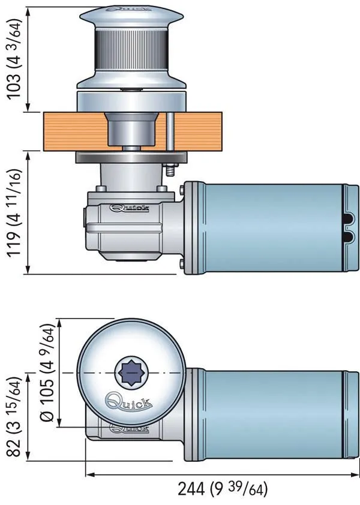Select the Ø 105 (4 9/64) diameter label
point(52,374)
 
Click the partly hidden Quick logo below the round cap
point(130,428)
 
